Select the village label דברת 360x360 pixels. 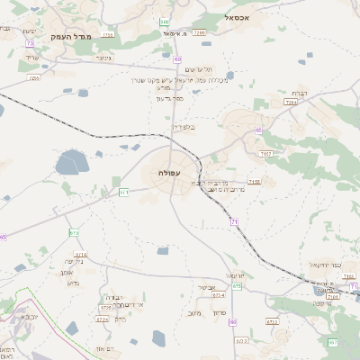pos(301,93)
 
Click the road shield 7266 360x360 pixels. pos(199,32)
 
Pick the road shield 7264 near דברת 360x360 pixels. pos(290,103)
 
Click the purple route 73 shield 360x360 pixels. pos(30,43)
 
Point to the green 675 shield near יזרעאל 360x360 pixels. pos(237,285)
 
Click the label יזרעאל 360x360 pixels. pos(236,274)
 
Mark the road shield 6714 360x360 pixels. pos(74,232)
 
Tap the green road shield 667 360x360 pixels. pos(332,342)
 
